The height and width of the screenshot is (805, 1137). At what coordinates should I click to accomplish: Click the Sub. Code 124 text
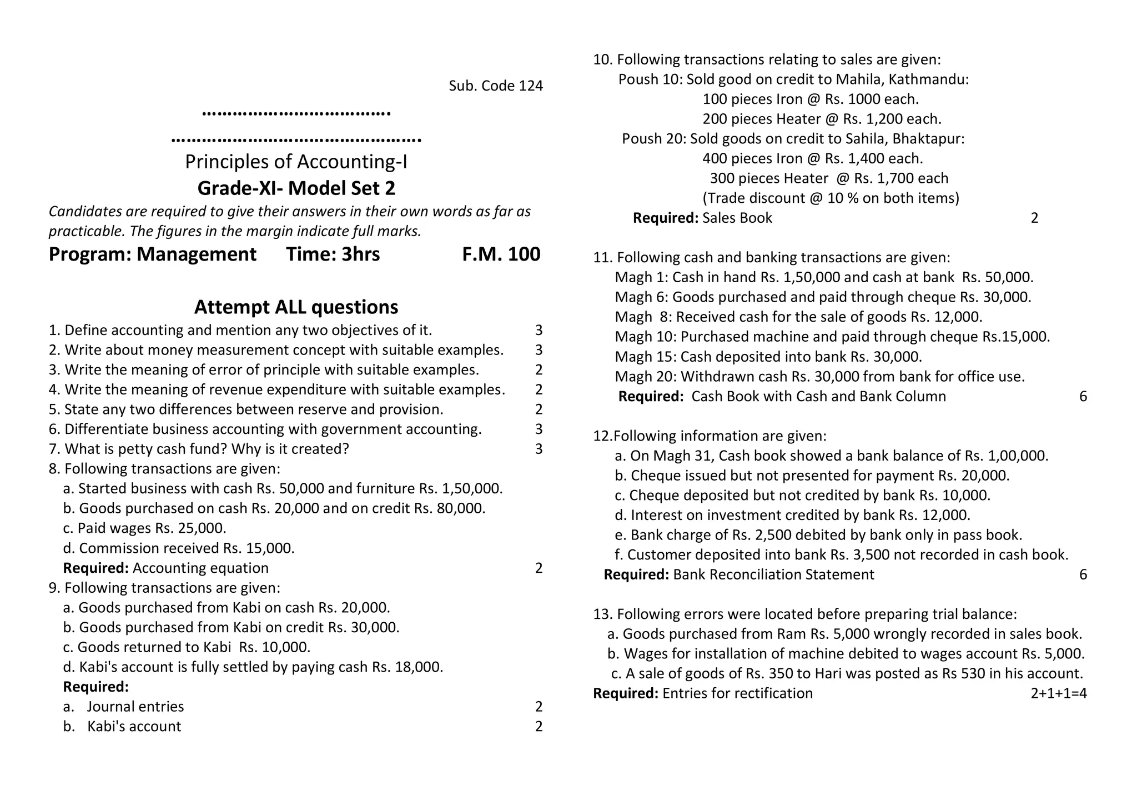[495, 86]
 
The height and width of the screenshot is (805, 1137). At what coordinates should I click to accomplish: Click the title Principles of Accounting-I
[296, 162]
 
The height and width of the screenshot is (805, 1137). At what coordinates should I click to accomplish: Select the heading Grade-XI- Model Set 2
[296, 188]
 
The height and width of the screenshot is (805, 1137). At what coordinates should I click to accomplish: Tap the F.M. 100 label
[501, 254]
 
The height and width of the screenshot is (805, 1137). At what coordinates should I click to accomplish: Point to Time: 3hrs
[333, 254]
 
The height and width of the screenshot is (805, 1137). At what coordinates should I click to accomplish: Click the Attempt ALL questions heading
[296, 307]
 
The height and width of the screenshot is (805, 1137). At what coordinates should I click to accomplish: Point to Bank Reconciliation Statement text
[773, 574]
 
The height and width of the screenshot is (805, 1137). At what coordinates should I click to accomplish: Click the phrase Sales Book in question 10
[737, 218]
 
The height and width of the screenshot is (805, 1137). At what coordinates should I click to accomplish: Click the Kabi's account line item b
[134, 727]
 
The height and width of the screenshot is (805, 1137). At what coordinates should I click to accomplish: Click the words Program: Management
[152, 254]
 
